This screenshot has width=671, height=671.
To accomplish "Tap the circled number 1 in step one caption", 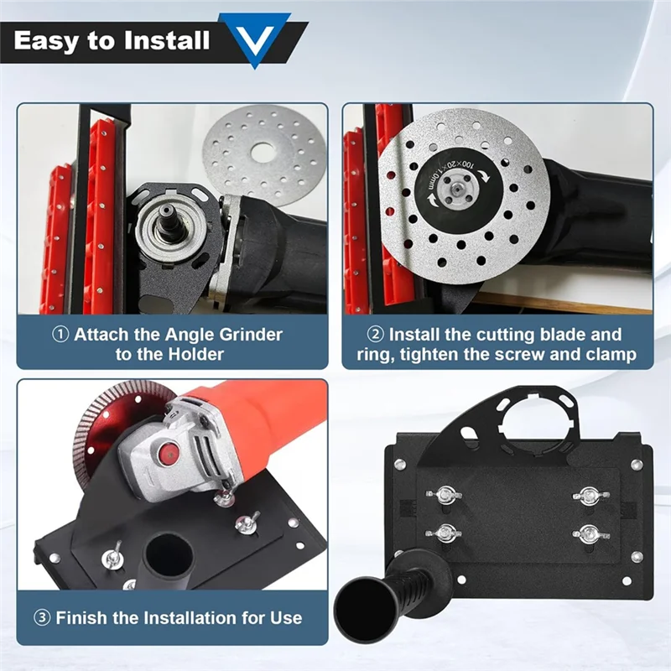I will [x=61, y=334].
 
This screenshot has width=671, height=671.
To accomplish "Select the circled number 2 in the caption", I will [x=375, y=334].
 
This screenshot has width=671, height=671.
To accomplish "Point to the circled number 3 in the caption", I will [x=42, y=618].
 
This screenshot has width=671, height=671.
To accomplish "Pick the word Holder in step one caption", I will [x=194, y=355].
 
